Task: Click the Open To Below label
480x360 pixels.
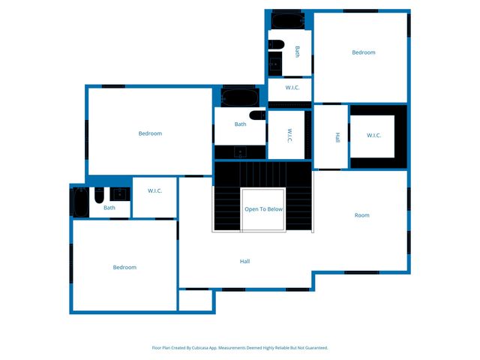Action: click(x=263, y=209)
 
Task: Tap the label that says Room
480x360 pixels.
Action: click(x=362, y=215)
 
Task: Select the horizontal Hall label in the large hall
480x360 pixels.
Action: click(x=244, y=261)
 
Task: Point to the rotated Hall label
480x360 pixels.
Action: click(x=337, y=137)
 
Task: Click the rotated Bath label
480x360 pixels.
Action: click(x=297, y=52)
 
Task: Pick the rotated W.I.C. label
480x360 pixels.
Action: click(x=289, y=135)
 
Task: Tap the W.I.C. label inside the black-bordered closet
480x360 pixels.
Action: click(x=373, y=136)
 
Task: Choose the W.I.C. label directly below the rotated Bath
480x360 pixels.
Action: click(x=292, y=88)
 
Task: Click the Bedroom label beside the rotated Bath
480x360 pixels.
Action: click(x=364, y=52)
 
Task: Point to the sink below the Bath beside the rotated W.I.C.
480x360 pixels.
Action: click(x=240, y=151)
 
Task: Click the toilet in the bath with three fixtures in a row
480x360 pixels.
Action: click(x=99, y=195)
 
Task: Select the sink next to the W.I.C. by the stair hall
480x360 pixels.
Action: click(x=119, y=194)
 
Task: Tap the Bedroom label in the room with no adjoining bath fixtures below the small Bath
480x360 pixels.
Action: click(x=124, y=268)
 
